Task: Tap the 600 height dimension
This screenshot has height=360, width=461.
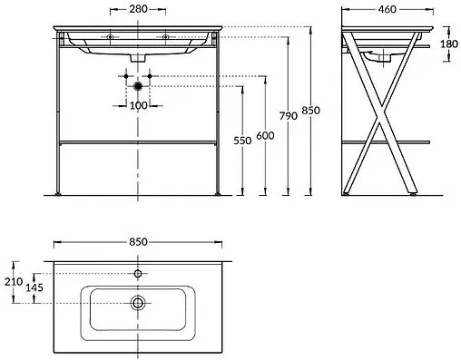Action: pos(264,136)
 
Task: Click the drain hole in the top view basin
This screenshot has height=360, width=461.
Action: pos(138,302)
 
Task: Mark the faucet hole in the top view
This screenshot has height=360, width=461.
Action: pos(138,272)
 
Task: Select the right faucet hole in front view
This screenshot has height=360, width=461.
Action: pos(164,37)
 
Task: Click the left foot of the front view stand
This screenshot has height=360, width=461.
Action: pos(57,192)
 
